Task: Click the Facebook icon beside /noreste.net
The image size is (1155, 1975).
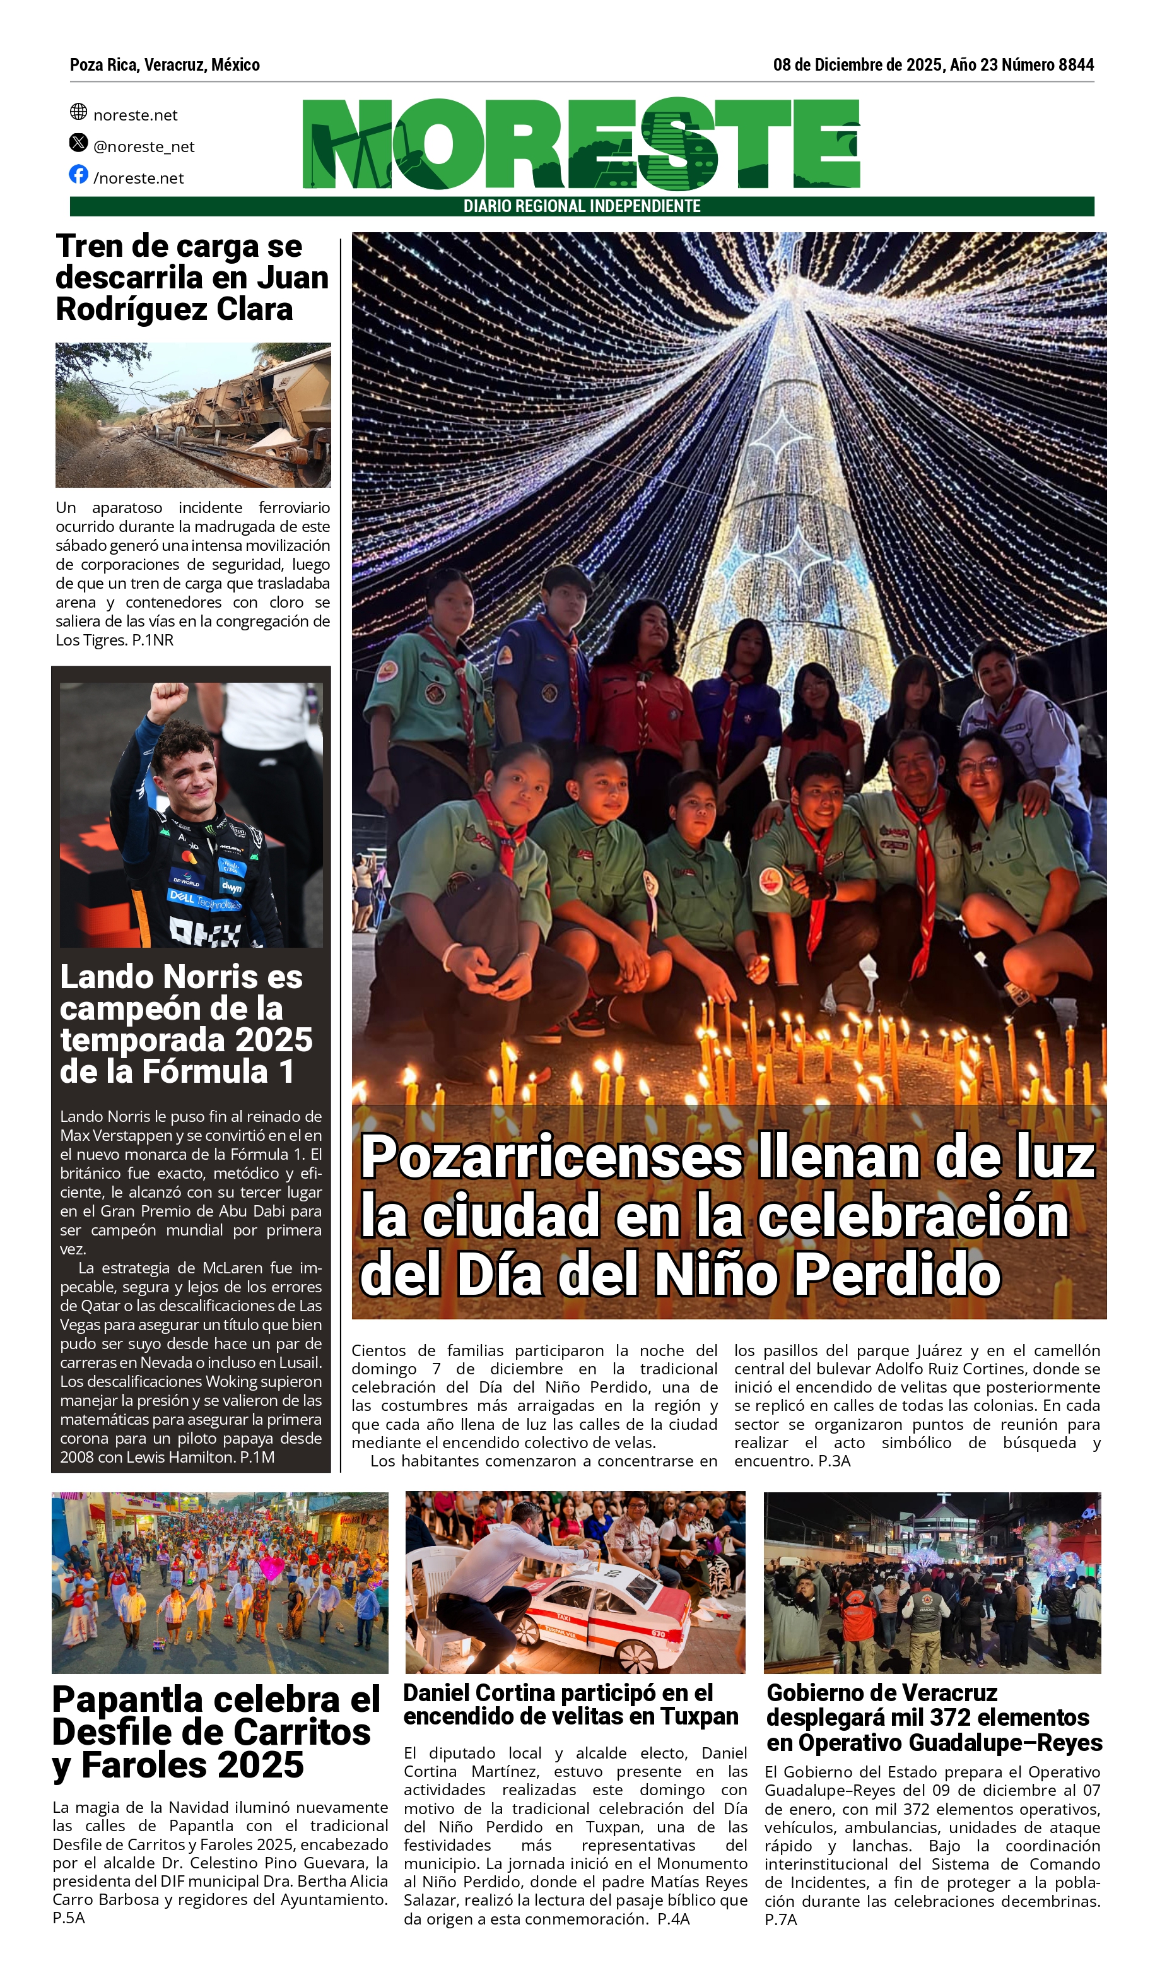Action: (x=78, y=174)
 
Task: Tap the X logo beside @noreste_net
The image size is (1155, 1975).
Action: (x=78, y=143)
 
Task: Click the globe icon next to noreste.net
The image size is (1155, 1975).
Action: (x=78, y=111)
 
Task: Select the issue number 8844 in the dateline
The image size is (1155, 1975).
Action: (x=1076, y=65)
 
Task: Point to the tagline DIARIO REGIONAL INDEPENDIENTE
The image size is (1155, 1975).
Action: (x=582, y=206)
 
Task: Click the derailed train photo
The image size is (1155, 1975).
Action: (x=193, y=415)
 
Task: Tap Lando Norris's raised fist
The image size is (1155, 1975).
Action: (x=168, y=697)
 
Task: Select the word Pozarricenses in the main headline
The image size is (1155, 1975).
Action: (x=551, y=1157)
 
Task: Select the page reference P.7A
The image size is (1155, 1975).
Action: (x=780, y=1920)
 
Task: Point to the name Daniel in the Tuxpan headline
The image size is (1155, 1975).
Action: (x=435, y=1693)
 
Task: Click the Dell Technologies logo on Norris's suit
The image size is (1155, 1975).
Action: (x=205, y=900)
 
